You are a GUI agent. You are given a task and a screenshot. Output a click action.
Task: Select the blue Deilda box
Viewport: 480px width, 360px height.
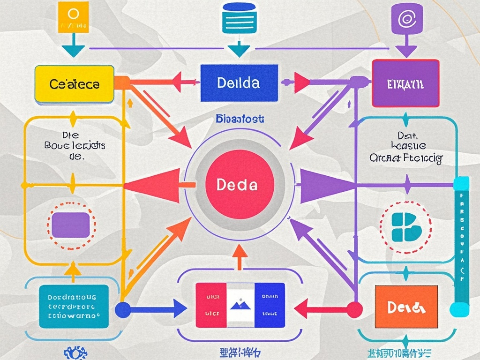pyautogui.click(x=239, y=83)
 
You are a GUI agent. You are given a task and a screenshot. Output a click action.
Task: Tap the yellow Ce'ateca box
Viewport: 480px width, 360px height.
pyautogui.click(x=75, y=84)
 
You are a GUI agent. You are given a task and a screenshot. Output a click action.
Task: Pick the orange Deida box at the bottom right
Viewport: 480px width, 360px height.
pyautogui.click(x=406, y=307)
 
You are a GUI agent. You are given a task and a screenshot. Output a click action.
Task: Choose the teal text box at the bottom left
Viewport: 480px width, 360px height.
pyautogui.click(x=72, y=306)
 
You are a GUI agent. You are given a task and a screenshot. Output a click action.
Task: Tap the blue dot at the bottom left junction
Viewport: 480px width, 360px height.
pyautogui.click(x=122, y=310)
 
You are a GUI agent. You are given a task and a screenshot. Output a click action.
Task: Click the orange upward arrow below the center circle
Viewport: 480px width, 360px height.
pyautogui.click(x=240, y=255)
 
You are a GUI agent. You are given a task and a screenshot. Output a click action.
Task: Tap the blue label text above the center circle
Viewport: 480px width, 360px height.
pyautogui.click(x=240, y=119)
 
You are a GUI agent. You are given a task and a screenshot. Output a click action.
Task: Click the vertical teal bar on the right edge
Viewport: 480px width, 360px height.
pyautogui.click(x=462, y=244)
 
